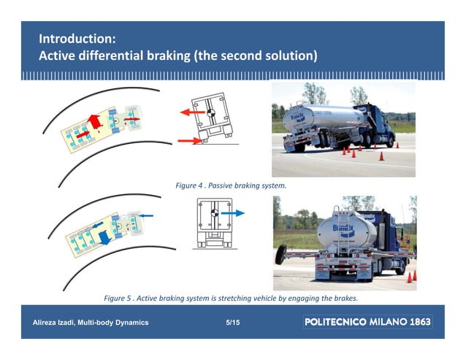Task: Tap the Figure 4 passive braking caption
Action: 231,186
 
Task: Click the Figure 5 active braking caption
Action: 231,298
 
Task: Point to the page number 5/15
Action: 233,322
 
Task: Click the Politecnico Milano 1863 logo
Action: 367,322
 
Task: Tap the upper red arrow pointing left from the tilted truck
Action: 194,113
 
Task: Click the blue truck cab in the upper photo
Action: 379,123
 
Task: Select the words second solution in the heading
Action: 270,55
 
